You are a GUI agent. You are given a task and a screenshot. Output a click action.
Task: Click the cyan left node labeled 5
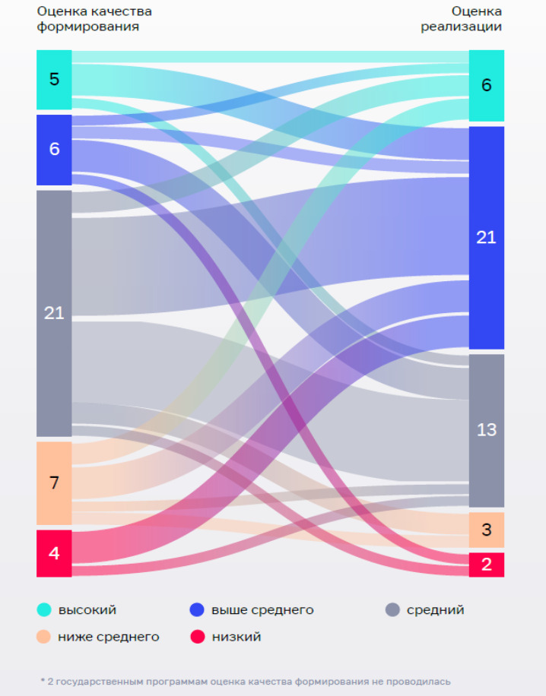pos(54,80)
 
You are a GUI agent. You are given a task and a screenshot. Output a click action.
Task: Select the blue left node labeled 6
pos(54,150)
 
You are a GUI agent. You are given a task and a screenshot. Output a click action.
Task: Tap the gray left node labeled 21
pos(54,312)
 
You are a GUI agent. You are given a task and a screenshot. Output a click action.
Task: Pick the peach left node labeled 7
pos(54,482)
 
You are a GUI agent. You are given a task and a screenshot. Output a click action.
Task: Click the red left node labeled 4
pos(54,553)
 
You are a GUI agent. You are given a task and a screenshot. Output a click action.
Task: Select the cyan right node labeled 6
pos(487,85)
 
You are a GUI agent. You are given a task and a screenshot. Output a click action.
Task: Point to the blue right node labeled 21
pos(487,237)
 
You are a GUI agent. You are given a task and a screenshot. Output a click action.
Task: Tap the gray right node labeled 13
pos(487,430)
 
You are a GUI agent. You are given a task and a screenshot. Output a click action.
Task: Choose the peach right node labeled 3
pos(487,530)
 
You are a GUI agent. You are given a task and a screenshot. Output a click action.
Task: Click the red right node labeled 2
pos(487,565)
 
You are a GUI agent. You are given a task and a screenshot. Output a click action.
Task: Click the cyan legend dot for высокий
pos(45,609)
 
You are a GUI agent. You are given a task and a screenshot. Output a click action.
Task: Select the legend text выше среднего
pos(262,609)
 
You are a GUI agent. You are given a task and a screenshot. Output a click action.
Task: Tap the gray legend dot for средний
pos(392,609)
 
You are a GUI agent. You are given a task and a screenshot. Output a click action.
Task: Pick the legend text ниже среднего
pos(109,637)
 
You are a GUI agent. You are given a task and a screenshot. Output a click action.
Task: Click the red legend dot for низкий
pos(197,637)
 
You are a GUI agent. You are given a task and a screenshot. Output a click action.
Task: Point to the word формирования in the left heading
pos(88,27)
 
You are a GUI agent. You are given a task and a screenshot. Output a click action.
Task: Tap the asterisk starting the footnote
pos(43,681)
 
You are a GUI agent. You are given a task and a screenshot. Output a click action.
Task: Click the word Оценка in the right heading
pos(477,11)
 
